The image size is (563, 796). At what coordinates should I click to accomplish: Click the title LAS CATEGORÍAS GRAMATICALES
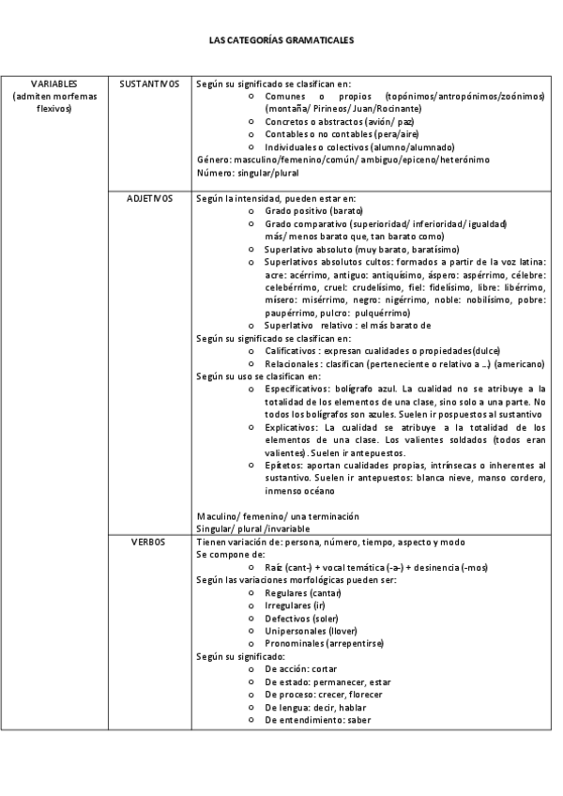(281, 41)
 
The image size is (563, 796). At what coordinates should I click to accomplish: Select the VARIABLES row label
(53, 84)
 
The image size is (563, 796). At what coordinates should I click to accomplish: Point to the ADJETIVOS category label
(149, 198)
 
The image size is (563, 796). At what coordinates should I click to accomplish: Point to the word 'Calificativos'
(291, 350)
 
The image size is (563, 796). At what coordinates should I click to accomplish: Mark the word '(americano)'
(522, 363)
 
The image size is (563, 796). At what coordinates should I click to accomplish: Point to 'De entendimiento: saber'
(318, 720)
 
